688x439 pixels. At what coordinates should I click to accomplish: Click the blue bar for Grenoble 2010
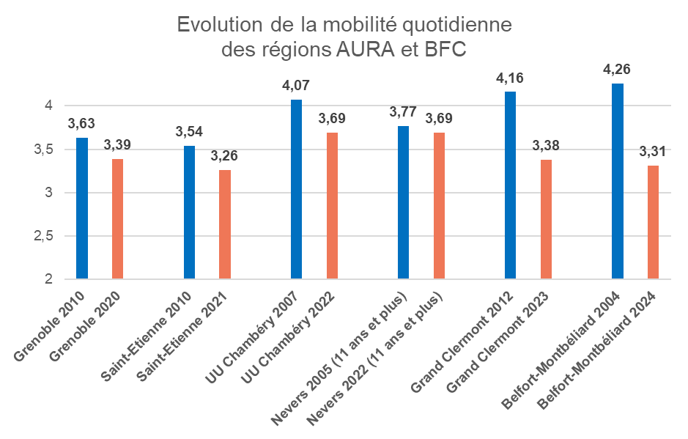[82, 208]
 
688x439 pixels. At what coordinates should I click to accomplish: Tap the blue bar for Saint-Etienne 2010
[189, 213]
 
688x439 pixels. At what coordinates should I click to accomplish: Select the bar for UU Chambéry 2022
[332, 206]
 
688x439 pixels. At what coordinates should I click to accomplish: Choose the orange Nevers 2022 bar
[439, 206]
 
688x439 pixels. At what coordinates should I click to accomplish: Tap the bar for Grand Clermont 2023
[546, 219]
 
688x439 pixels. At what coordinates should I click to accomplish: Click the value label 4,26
[617, 70]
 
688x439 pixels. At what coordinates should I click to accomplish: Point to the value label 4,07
[296, 86]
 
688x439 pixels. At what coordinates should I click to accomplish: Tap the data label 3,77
[403, 112]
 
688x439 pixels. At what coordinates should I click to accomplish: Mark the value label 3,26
[224, 156]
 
